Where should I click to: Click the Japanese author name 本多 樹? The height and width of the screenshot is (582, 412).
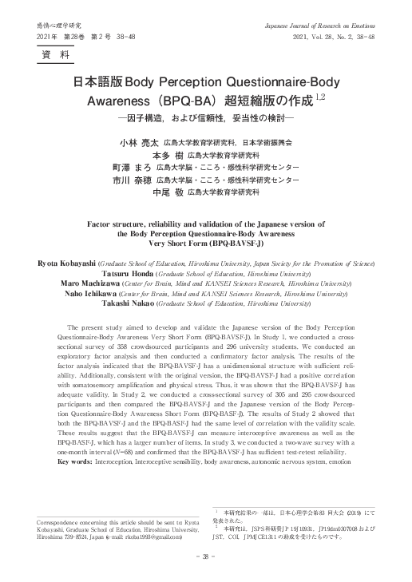167,155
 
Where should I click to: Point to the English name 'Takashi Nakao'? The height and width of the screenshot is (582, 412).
137,304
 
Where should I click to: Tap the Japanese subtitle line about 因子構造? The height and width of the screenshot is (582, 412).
205,120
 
